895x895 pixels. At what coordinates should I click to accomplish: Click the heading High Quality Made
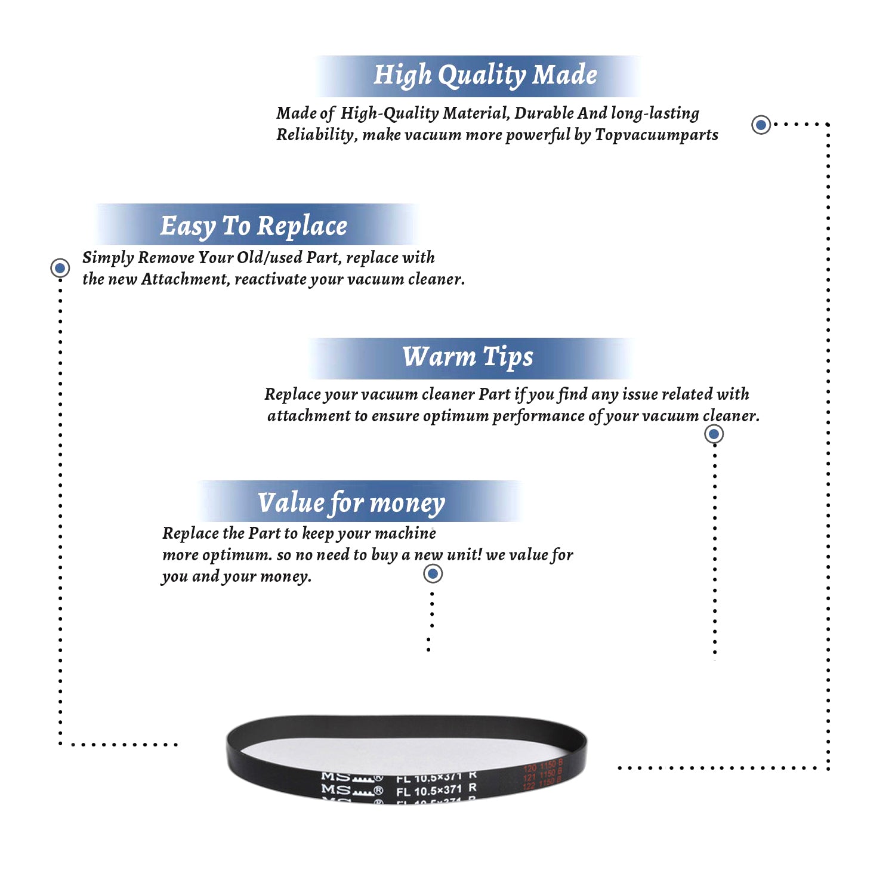coord(484,75)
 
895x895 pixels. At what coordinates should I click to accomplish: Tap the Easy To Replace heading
coord(254,226)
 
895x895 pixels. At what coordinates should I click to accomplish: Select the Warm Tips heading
coord(467,357)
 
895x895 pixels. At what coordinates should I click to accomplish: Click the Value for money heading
coord(351,502)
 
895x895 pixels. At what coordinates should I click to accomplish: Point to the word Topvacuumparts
coord(656,135)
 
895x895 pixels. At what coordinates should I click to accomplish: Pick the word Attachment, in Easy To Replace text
coord(186,279)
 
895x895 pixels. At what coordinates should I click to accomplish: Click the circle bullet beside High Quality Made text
coord(761,125)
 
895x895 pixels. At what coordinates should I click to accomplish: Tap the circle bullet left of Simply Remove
coord(60,268)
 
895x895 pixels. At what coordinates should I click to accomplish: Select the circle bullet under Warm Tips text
coord(714,434)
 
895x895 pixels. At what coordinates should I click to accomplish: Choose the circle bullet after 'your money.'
coord(433,574)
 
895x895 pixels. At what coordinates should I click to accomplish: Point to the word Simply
coord(108,258)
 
